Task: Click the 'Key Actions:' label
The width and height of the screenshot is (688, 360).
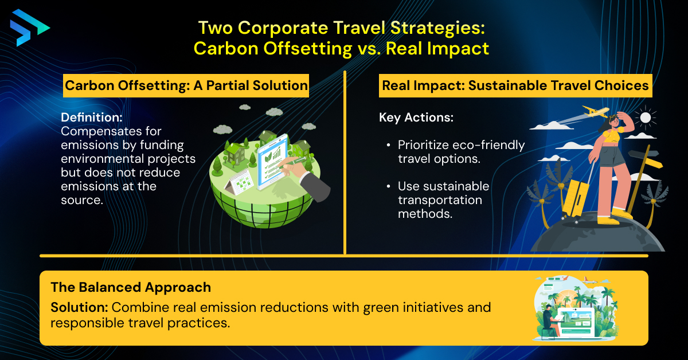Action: point(416,118)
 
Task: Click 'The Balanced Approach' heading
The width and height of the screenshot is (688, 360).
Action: point(131,287)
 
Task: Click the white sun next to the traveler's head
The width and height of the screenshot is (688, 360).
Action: point(646,118)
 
